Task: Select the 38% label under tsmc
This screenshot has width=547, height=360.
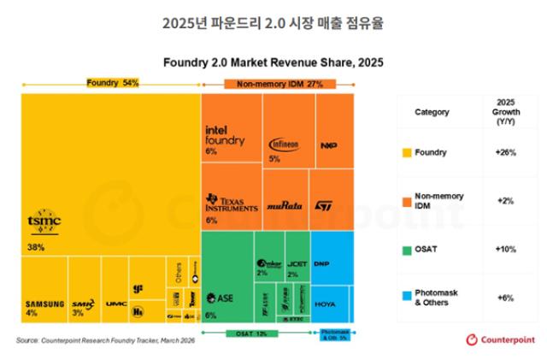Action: tap(36, 247)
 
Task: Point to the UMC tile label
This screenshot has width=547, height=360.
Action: tap(116, 304)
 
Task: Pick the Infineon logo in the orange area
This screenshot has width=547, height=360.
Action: tap(284, 145)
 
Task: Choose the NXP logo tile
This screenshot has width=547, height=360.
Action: tap(328, 145)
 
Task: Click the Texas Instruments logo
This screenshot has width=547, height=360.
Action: tap(232, 204)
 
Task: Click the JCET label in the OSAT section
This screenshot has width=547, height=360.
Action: tap(296, 263)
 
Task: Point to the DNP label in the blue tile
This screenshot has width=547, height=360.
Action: tap(322, 263)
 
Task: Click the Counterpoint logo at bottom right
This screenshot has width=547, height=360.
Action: tap(501, 339)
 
